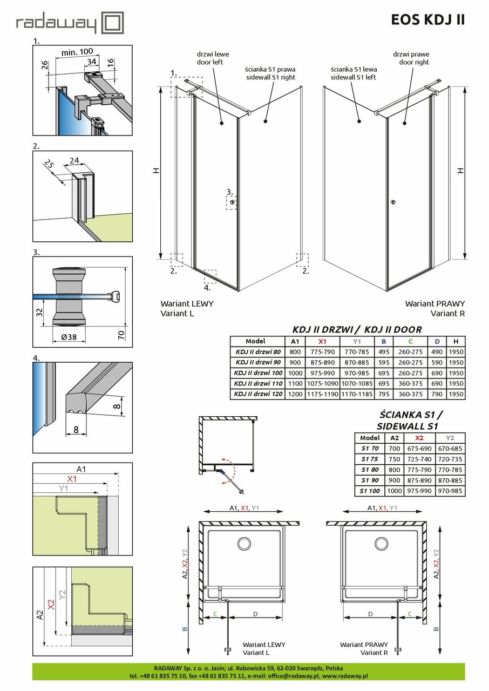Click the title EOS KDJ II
point(427,20)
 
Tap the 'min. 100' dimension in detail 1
point(77,51)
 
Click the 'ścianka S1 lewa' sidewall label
point(354,73)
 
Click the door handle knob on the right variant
point(393,202)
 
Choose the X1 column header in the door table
point(322,341)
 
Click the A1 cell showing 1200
point(295,395)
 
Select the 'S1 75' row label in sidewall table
point(370,459)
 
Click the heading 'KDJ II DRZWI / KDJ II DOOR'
point(357,329)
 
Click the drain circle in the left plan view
point(244,543)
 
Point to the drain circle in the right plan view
point(383,543)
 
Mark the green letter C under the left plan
point(215,613)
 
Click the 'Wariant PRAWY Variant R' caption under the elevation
point(434,308)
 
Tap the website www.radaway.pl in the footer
point(345,675)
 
